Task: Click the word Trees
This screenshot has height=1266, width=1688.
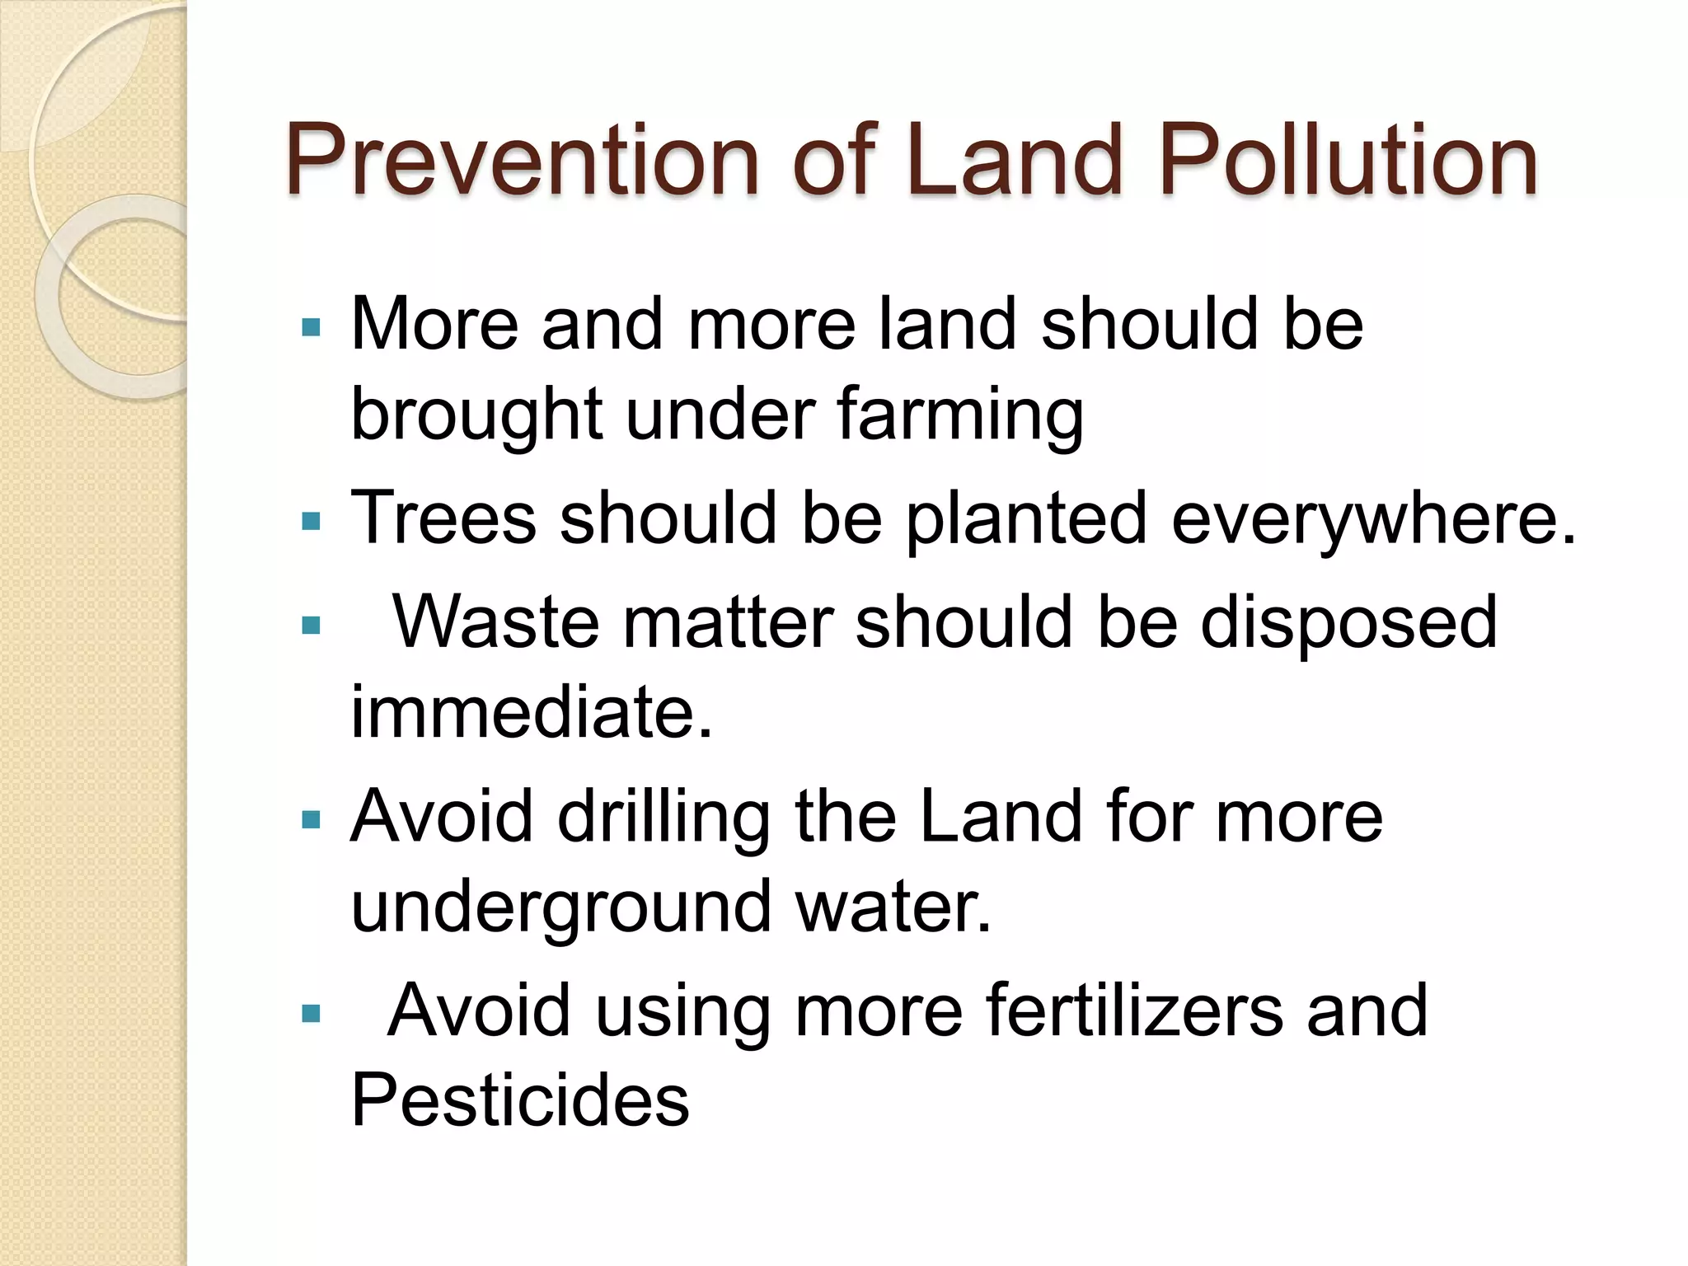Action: [x=443, y=518]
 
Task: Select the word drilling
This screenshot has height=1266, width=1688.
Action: [x=663, y=818]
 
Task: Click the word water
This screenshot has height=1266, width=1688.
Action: [x=893, y=906]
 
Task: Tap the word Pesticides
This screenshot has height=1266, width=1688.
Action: [x=520, y=1100]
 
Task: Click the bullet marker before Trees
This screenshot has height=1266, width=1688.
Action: [x=312, y=522]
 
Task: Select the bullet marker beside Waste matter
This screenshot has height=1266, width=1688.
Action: [x=312, y=626]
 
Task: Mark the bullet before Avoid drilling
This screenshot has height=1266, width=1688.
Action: [x=312, y=820]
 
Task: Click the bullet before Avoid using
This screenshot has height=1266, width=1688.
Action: [x=312, y=1013]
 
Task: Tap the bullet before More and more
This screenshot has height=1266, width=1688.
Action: [x=312, y=328]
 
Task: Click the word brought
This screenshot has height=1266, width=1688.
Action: [x=476, y=414]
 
